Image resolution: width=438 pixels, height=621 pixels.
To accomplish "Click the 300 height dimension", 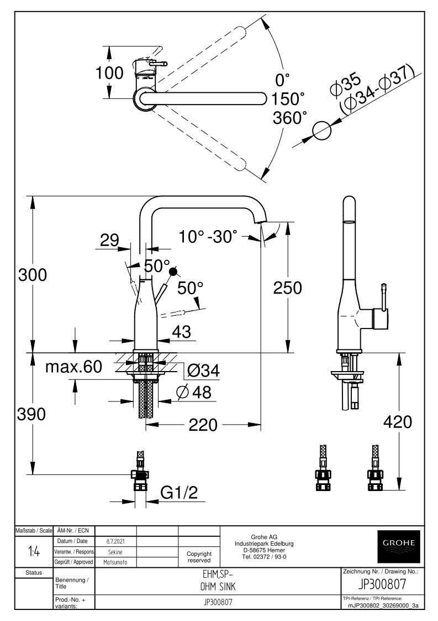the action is click(33, 275).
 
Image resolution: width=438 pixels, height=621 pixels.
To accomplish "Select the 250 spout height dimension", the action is click(287, 288).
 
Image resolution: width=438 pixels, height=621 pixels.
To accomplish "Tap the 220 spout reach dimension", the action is click(203, 425).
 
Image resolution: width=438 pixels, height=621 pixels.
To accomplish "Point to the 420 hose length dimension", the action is click(398, 422).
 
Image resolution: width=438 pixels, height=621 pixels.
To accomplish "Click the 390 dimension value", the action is click(31, 414).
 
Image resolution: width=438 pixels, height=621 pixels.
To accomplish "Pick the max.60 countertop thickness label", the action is click(73, 367).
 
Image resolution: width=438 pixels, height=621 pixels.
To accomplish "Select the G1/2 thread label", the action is click(179, 493).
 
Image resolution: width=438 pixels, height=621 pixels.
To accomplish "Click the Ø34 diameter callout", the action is click(203, 370).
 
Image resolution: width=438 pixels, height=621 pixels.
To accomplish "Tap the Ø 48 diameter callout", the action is click(194, 392).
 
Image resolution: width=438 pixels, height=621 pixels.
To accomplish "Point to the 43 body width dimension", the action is click(182, 331).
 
